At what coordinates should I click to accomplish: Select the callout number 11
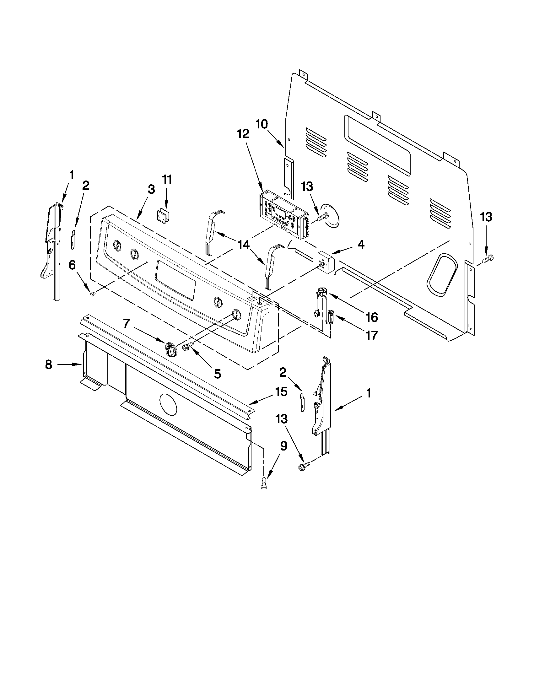click(167, 179)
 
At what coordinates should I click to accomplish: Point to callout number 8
click(48, 364)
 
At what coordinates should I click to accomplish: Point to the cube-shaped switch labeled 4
click(327, 261)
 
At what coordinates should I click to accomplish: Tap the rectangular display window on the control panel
click(175, 279)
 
